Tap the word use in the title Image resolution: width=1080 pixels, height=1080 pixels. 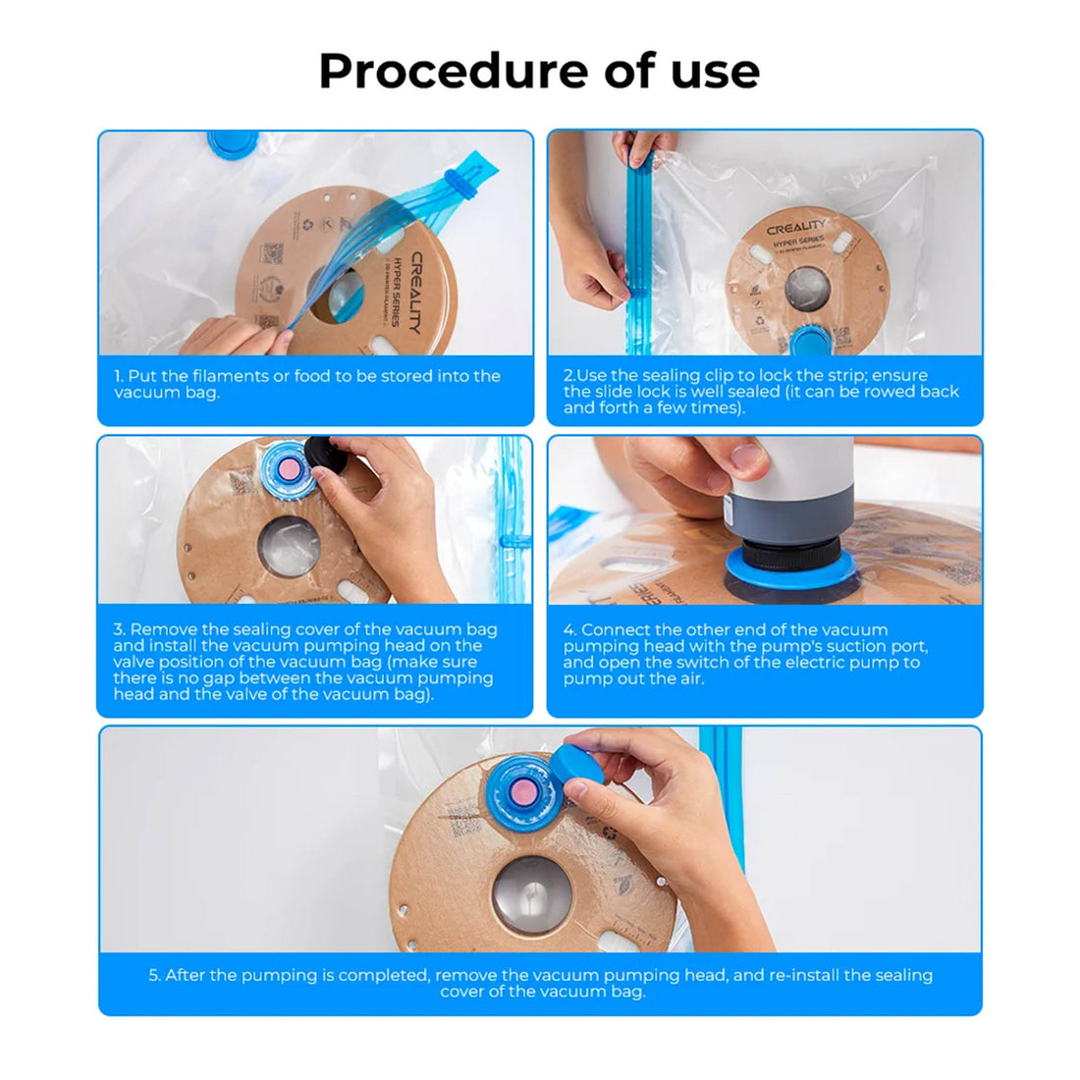coord(714,71)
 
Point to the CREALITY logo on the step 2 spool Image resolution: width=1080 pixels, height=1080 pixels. coord(796,228)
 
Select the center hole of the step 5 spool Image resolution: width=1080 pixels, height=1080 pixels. coord(531,894)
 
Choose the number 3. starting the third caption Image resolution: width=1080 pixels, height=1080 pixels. coord(119,629)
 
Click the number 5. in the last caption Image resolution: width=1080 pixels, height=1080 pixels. coord(154,975)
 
